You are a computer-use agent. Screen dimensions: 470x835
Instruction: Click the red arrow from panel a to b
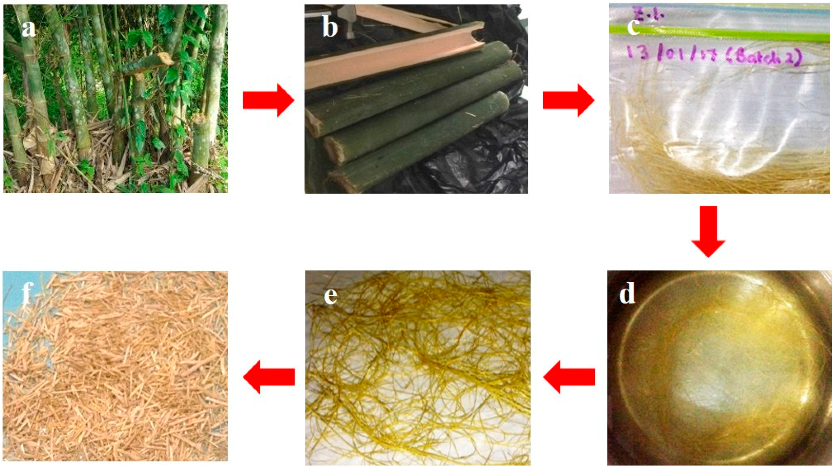pos(268,100)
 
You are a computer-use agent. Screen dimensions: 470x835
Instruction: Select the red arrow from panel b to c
pos(568,100)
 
